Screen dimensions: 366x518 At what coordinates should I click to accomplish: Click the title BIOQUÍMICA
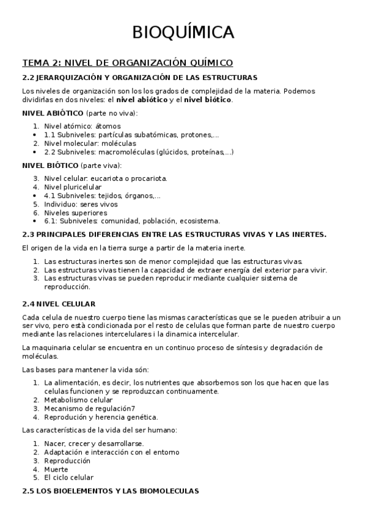pos(183,32)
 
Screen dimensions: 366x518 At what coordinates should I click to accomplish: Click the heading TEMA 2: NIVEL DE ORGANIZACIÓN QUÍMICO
pos(127,62)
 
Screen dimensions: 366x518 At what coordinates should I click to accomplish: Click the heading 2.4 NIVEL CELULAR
pos(59,304)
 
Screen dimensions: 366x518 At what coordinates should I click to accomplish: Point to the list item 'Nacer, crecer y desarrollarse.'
pos(94,443)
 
